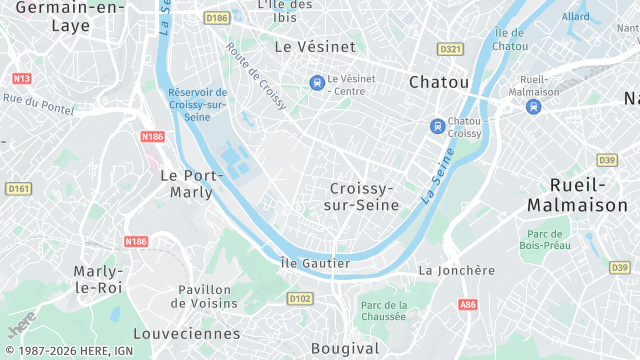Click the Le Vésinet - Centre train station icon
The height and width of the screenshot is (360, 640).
tap(316, 82)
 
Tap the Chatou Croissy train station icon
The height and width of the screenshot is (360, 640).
tap(437, 126)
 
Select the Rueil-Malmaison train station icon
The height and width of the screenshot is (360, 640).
tap(535, 104)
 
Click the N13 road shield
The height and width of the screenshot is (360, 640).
tap(21, 78)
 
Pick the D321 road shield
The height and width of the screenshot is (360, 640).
tap(451, 49)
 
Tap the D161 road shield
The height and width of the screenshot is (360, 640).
tap(18, 188)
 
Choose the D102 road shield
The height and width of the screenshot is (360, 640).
tap(299, 298)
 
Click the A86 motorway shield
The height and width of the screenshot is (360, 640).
tap(468, 304)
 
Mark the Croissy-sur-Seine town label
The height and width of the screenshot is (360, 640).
tap(361, 196)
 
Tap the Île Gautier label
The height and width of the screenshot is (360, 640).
tap(315, 263)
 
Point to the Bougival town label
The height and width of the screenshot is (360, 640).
tap(345, 348)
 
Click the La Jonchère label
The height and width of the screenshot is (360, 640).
tap(456, 270)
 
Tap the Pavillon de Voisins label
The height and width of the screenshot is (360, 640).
tap(207, 296)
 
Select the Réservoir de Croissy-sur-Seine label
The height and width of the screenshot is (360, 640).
tap(197, 104)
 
